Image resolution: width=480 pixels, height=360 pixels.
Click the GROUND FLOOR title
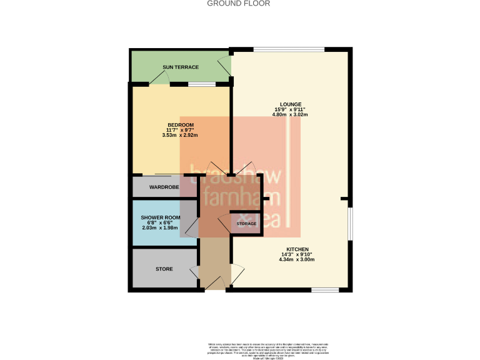pos(239,3)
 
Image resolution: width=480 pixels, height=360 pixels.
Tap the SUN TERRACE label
pos(181,67)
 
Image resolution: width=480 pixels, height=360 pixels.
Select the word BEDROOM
pos(180,124)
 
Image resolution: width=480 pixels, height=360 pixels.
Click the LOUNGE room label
pos(291,104)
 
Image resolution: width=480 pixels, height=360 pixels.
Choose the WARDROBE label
pos(164,187)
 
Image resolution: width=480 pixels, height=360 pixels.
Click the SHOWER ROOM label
pos(161,217)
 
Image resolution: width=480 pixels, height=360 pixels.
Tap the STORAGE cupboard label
pos(246,223)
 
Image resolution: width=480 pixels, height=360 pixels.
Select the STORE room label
pos(164,269)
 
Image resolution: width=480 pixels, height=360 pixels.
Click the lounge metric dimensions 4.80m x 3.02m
pos(291,115)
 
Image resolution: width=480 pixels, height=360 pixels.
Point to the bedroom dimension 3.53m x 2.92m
pos(180,135)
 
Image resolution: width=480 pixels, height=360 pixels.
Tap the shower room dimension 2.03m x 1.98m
pos(161,228)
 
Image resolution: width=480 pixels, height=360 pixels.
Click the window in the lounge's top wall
pos(288,49)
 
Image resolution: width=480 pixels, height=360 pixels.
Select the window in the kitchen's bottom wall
pos(325,289)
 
